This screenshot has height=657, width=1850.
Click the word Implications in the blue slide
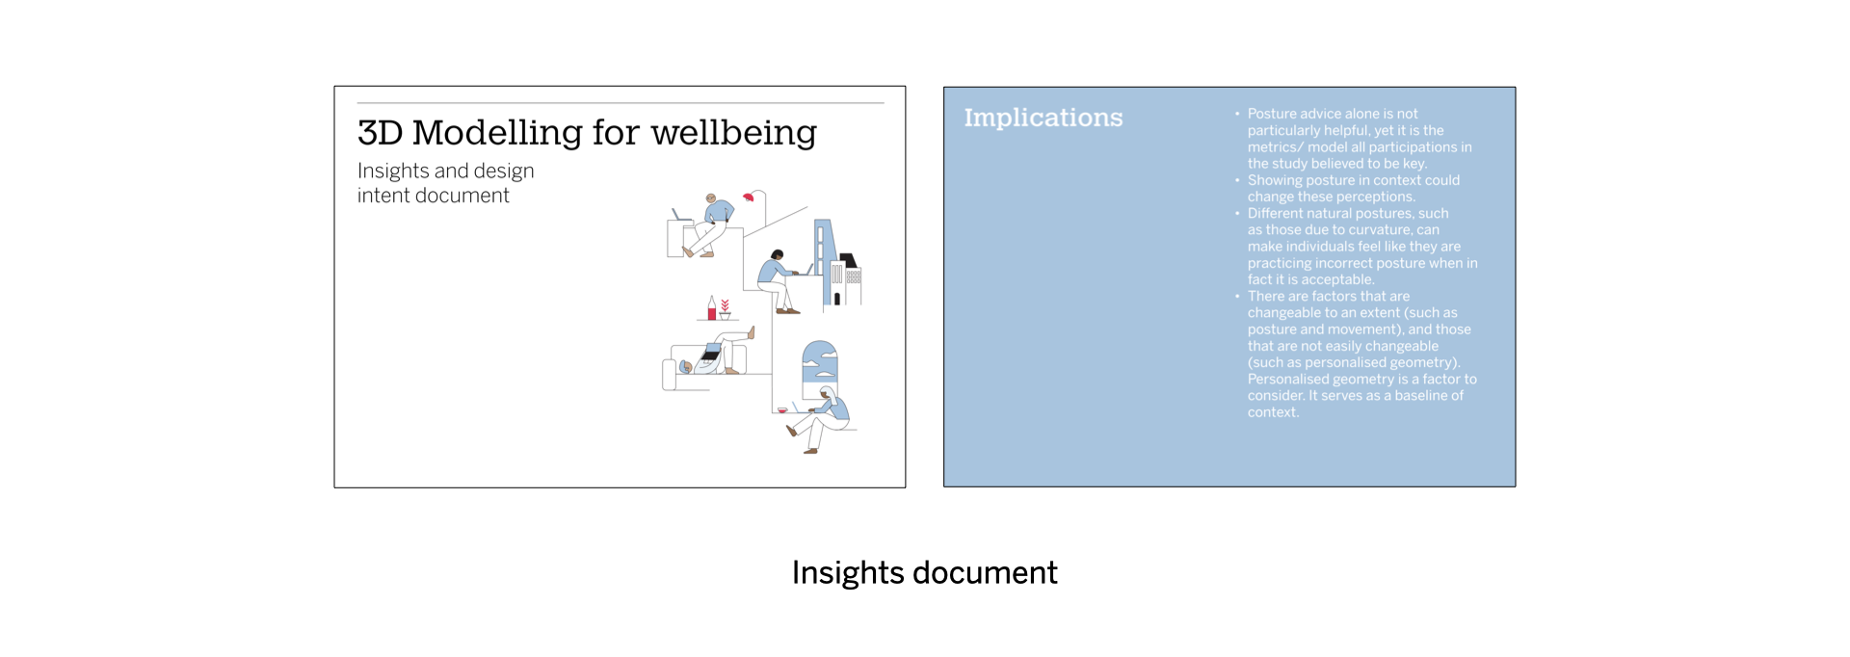[x=1043, y=118]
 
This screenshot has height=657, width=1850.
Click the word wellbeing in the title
[x=733, y=133]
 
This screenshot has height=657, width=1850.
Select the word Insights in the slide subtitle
[x=393, y=171]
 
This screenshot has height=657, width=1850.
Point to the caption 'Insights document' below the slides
[x=924, y=572]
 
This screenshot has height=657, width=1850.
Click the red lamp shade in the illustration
[x=748, y=197]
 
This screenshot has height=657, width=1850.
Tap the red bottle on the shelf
[x=712, y=310]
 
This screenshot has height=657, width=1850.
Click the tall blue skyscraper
[x=823, y=260]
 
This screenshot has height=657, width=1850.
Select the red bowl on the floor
[x=782, y=410]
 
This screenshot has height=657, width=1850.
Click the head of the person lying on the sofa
[x=685, y=366]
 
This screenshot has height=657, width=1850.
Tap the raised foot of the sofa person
[x=752, y=332]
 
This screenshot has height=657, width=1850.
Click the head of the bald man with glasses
[x=711, y=198]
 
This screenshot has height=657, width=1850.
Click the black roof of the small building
[x=848, y=260]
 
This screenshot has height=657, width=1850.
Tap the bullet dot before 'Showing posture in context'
[x=1237, y=180]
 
